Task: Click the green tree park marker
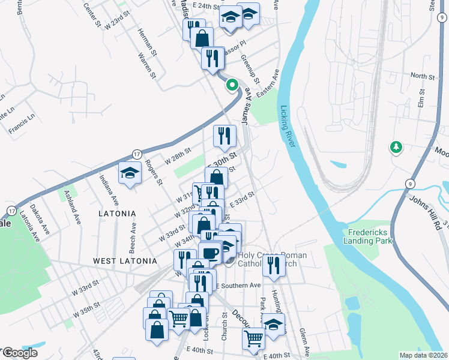click(396, 146)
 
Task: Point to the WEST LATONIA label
click(125, 261)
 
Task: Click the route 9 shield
click(409, 184)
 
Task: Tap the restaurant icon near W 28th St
click(224, 134)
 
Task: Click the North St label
click(422, 77)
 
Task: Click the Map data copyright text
click(424, 355)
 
